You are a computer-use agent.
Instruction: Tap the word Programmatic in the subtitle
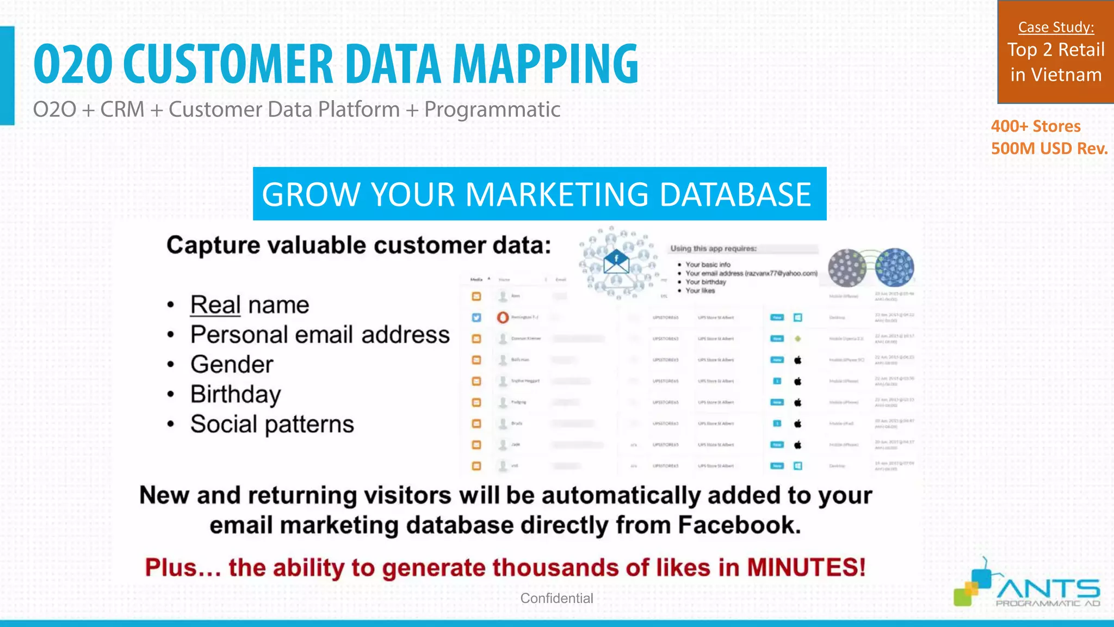(x=492, y=109)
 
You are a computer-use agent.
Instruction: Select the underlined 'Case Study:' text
(x=1056, y=27)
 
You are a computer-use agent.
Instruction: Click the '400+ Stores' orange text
(x=1035, y=126)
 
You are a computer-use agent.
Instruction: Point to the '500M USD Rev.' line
(x=1049, y=149)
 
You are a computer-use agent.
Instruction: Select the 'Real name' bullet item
(x=249, y=305)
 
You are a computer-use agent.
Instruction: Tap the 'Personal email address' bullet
(x=320, y=335)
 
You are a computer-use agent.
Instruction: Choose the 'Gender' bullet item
(x=232, y=365)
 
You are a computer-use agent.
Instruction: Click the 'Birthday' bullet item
(x=236, y=394)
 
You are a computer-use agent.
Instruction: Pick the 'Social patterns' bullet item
(x=272, y=424)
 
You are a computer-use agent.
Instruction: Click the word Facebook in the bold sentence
(x=739, y=525)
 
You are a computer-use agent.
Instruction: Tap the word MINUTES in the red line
(x=805, y=568)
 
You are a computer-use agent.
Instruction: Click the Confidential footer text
(x=556, y=598)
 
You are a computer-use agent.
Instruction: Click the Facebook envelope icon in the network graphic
(x=616, y=262)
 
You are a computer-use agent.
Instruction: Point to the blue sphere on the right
(x=895, y=267)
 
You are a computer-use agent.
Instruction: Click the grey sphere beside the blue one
(x=846, y=268)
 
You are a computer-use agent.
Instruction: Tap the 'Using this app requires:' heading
(x=713, y=249)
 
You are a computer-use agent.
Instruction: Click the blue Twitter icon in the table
(x=476, y=318)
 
